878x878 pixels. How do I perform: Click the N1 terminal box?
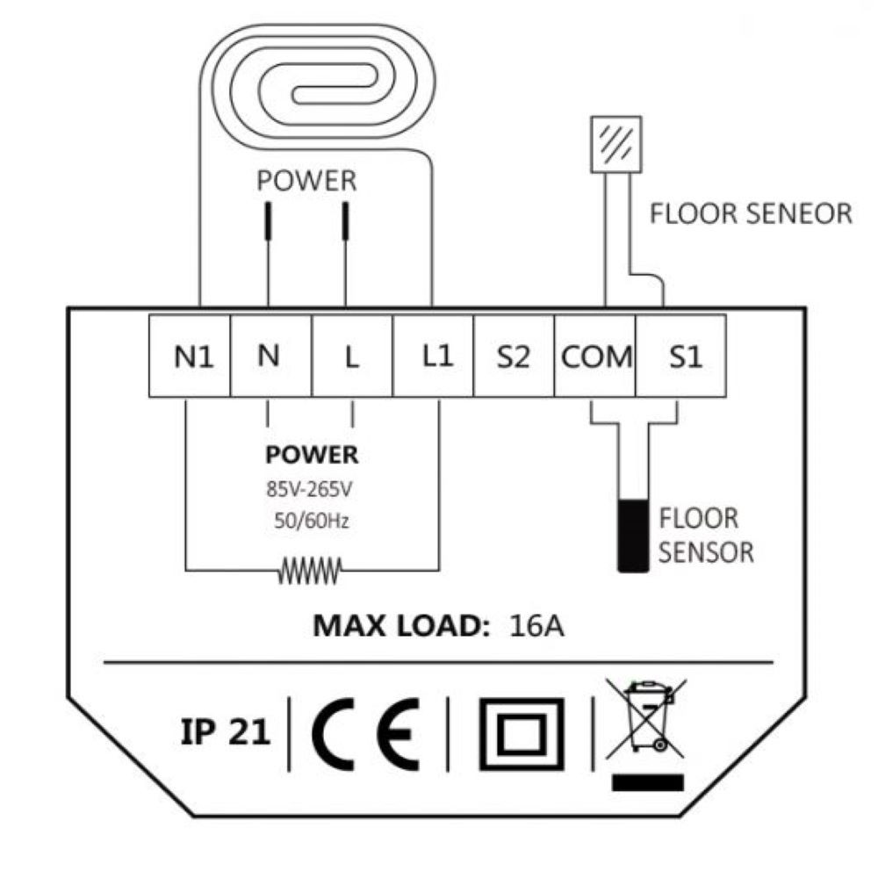pos(190,355)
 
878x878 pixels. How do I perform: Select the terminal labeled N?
pos(271,355)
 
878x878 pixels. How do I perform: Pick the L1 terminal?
pos(434,355)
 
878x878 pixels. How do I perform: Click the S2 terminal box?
pos(515,355)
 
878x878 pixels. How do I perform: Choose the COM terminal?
pos(595,355)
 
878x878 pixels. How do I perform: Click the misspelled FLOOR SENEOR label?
pos(750,213)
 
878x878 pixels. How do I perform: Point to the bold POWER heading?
pos(312,455)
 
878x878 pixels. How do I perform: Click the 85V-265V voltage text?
pos(312,488)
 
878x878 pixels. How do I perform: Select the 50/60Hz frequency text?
pos(312,521)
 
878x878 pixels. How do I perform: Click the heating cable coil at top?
pos(316,88)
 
